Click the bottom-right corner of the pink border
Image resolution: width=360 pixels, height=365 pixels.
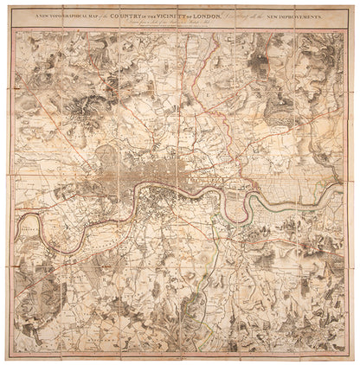(352, 357)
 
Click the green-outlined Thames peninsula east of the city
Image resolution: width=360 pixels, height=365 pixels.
(260, 201)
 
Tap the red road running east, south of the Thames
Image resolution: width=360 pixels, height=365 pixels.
(286, 229)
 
